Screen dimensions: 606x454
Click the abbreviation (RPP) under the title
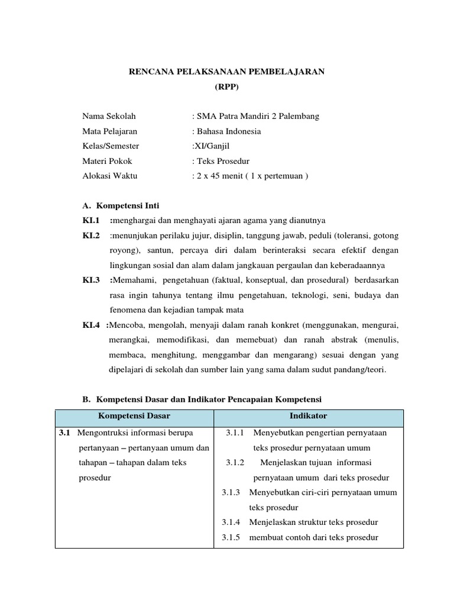227,86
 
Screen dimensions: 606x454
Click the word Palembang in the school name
299,116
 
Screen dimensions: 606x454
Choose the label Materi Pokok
107,160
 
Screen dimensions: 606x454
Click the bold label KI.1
91,220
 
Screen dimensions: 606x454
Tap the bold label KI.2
91,235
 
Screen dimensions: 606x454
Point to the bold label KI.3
91,279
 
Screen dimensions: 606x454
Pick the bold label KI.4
91,325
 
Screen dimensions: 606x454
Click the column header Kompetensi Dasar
134,416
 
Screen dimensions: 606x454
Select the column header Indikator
308,416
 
